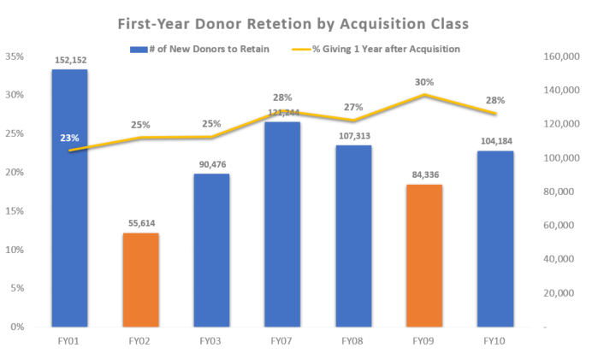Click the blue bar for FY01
[x=69, y=198]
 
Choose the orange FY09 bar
[x=424, y=256]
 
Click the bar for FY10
[x=495, y=239]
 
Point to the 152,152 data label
[x=69, y=61]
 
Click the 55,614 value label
[x=140, y=223]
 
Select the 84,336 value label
[x=424, y=176]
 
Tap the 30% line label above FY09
[x=424, y=82]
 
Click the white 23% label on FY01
[x=69, y=137]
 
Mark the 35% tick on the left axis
[x=15, y=56]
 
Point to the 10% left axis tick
[x=15, y=250]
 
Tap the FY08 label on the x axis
[x=353, y=342]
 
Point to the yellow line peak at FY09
[x=424, y=94]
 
